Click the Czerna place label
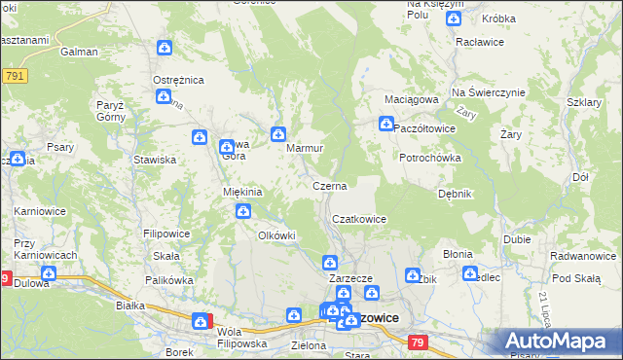tap(329, 185)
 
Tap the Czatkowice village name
tap(360, 220)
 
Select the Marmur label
tap(305, 149)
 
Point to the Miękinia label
tap(243, 192)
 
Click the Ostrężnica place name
tap(176, 79)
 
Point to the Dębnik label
tap(455, 194)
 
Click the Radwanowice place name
tap(582, 255)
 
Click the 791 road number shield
tap(14, 75)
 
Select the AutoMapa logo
tap(558, 342)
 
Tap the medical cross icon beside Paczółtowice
tap(385, 125)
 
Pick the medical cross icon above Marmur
tap(278, 132)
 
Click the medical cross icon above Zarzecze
tap(330, 262)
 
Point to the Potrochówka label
tap(429, 157)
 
